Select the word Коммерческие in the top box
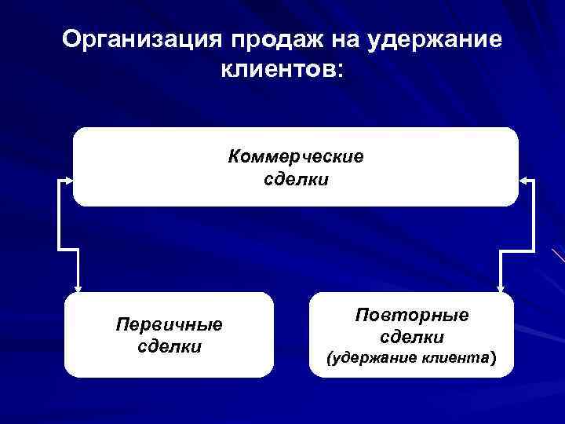click(296, 157)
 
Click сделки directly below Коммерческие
click(296, 180)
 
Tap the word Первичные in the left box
click(169, 323)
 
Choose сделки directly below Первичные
click(169, 346)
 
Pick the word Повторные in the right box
click(412, 315)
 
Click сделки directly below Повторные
click(412, 338)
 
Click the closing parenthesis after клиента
click(493, 360)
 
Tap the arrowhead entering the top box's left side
click(67, 180)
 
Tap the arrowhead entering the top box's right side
click(525, 180)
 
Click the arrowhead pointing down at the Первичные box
click(77, 286)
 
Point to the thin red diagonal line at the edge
click(558, 255)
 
